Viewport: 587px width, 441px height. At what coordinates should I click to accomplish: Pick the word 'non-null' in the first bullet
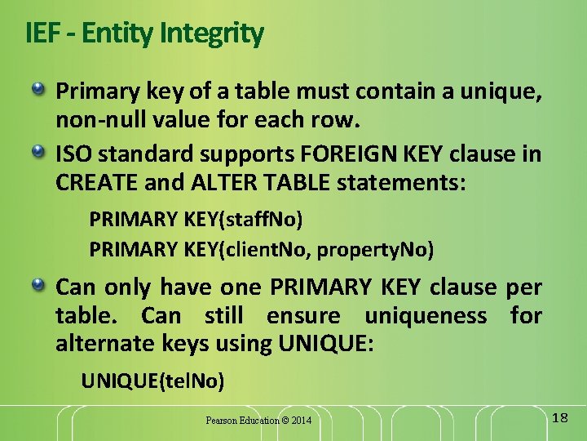pyautogui.click(x=92, y=121)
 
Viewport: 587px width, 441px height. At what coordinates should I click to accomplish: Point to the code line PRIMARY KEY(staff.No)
pyautogui.click(x=195, y=220)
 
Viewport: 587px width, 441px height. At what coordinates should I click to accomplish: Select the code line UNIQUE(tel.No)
pyautogui.click(x=152, y=381)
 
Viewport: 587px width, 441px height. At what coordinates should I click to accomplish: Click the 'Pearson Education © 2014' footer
pyautogui.click(x=258, y=421)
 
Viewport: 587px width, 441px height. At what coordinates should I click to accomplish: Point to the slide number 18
pyautogui.click(x=559, y=418)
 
